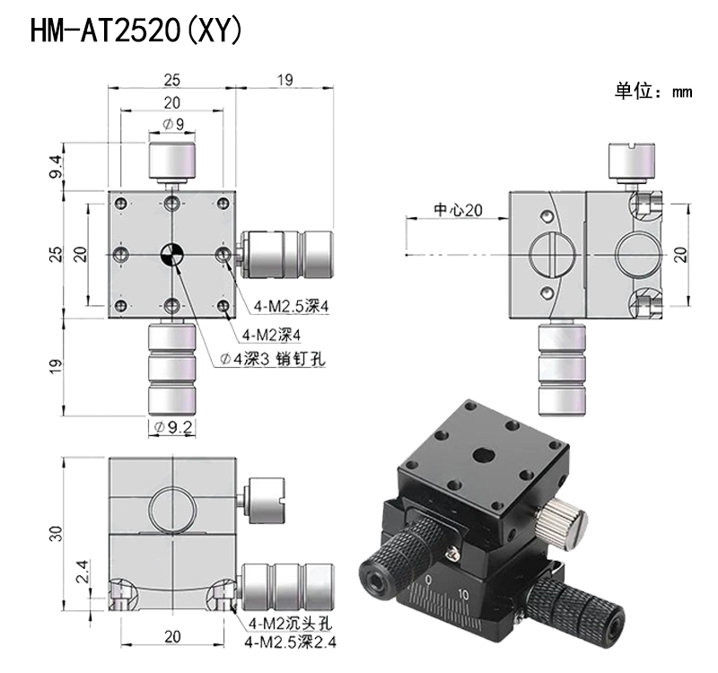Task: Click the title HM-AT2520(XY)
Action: click(136, 31)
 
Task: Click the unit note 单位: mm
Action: click(653, 91)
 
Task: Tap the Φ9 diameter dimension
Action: click(173, 124)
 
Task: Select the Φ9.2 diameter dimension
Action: click(173, 427)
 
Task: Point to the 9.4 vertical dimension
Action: click(56, 167)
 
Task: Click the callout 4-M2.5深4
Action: click(291, 306)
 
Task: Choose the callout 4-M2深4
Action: click(271, 335)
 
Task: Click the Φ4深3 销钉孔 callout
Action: click(273, 360)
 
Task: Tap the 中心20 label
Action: click(459, 210)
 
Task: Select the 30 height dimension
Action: click(56, 533)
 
